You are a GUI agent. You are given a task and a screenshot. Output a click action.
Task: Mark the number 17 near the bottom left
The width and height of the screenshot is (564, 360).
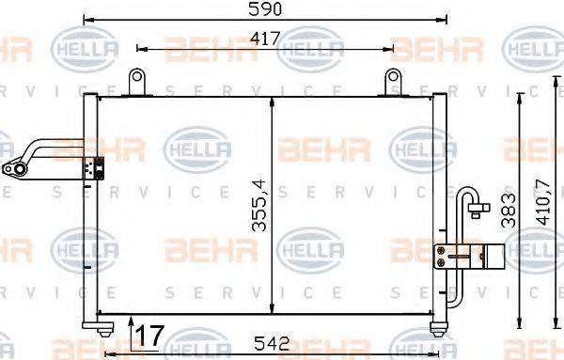click(148, 334)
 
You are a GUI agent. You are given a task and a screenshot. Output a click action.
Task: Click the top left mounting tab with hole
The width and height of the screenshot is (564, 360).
click(138, 81)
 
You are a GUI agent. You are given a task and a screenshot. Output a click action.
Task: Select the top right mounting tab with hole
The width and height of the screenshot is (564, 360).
click(391, 81)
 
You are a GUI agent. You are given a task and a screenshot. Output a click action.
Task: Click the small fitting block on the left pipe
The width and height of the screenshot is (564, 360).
click(93, 168)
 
